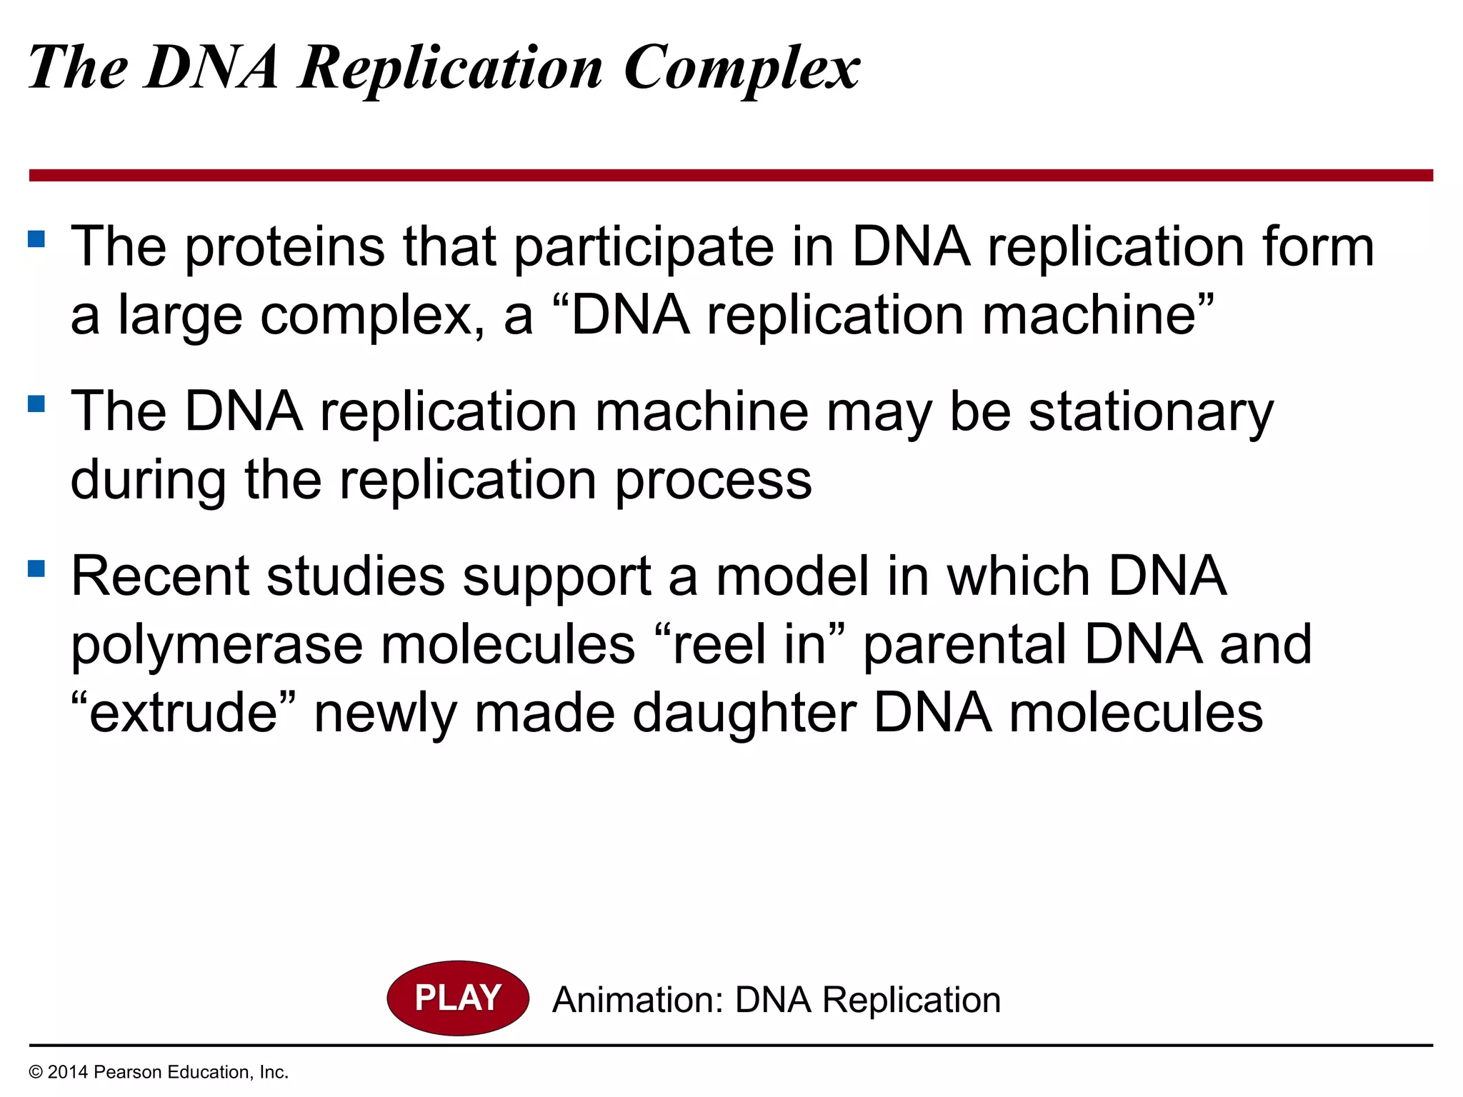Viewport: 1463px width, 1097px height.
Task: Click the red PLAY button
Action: tap(457, 998)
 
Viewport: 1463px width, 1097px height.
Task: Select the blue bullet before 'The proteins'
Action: tap(36, 238)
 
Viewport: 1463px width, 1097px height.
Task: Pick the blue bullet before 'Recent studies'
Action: tap(36, 568)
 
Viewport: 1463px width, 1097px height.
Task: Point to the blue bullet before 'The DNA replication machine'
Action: tap(36, 404)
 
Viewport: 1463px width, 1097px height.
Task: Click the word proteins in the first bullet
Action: tap(285, 248)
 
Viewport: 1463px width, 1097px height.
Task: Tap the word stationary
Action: tap(1151, 413)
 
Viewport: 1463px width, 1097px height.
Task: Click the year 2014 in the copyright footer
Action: tap(68, 1072)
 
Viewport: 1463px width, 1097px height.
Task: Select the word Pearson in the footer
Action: tap(124, 1072)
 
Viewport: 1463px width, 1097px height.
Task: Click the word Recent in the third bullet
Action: tap(159, 577)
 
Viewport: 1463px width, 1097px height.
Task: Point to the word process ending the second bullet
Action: tap(713, 481)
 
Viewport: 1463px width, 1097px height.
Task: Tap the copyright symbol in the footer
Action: tap(35, 1072)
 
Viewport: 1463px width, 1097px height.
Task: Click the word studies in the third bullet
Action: tap(355, 577)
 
